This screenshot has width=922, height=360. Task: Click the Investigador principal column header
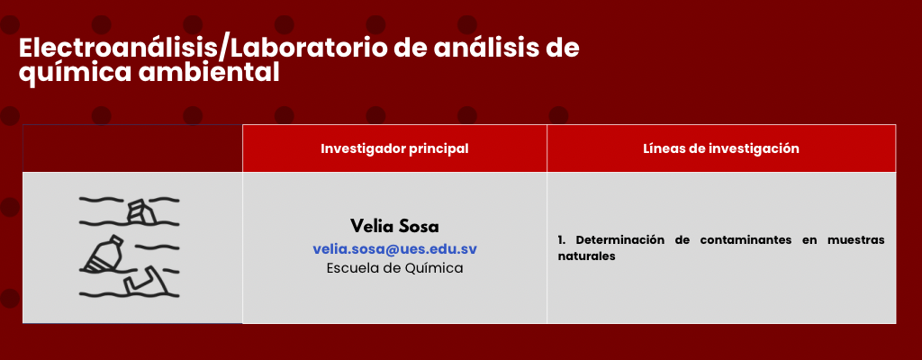point(394,148)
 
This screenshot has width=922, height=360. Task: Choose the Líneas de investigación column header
point(721,148)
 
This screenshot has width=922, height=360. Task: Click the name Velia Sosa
point(394,227)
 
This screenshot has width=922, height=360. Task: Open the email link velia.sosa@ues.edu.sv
point(394,248)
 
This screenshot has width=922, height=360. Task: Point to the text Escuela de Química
point(394,268)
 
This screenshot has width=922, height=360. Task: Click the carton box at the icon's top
point(141,211)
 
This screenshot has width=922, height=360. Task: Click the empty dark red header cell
point(132,148)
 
